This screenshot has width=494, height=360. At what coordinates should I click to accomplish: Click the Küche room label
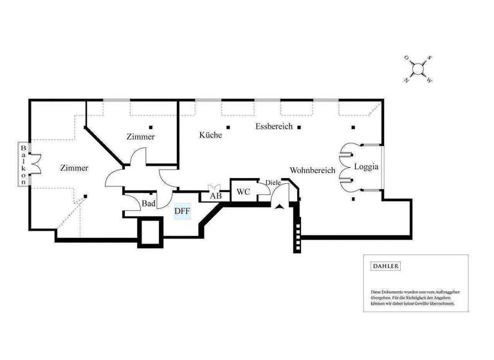210,136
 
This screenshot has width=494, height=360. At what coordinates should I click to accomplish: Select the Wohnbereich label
313,171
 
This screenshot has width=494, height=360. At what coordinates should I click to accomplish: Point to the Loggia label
366,166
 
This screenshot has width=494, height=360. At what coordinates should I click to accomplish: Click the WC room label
243,192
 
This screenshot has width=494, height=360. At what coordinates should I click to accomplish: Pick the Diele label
273,183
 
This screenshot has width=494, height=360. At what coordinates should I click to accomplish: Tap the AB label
215,196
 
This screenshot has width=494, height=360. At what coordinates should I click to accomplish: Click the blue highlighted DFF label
183,210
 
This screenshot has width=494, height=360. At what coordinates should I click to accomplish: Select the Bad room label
149,204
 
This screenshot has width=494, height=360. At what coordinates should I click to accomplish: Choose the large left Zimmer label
74,168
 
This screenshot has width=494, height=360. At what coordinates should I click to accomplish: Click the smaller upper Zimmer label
140,137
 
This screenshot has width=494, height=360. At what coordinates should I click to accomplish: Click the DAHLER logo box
386,266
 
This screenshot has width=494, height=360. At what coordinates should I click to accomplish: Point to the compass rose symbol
418,69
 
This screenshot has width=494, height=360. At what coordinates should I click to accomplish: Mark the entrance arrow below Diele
278,205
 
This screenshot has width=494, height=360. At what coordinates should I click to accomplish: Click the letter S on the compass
430,58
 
